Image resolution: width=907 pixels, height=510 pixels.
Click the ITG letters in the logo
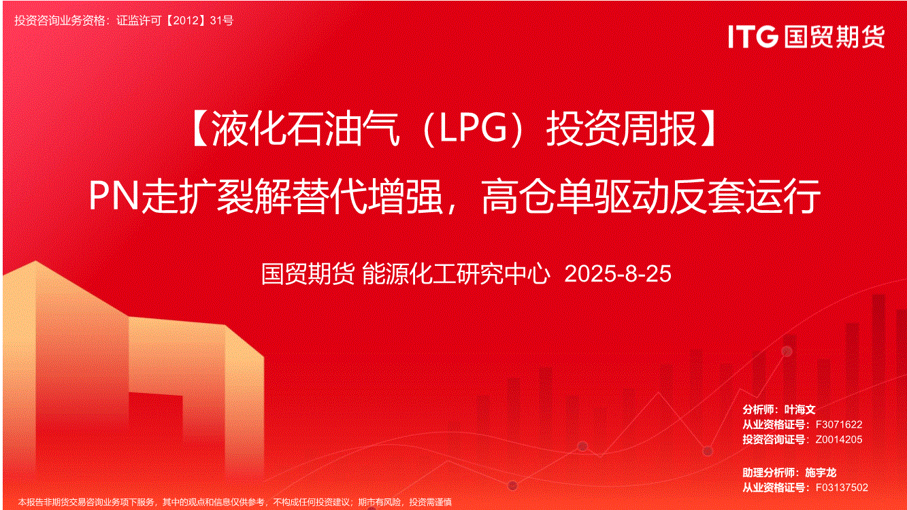[x=753, y=37]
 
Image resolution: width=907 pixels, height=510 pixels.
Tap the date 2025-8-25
[x=618, y=273]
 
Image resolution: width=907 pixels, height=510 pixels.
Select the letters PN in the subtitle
[x=114, y=196]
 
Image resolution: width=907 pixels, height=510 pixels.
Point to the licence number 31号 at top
[x=222, y=20]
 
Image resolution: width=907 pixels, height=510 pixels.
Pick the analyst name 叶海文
[x=799, y=409]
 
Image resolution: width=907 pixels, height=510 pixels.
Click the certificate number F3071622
[x=838, y=424]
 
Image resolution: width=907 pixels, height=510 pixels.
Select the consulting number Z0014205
[x=838, y=439]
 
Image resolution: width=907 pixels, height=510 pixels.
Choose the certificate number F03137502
[x=842, y=488]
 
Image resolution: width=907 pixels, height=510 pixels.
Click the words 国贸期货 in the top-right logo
[x=834, y=37]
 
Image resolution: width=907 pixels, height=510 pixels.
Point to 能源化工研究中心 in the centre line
[x=456, y=273]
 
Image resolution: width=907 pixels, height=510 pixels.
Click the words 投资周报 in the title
[x=621, y=129]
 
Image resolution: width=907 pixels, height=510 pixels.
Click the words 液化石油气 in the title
[x=306, y=129]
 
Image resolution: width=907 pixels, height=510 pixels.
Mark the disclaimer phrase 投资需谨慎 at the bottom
[x=430, y=503]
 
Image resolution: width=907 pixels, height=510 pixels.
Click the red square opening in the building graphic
[x=156, y=421]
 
